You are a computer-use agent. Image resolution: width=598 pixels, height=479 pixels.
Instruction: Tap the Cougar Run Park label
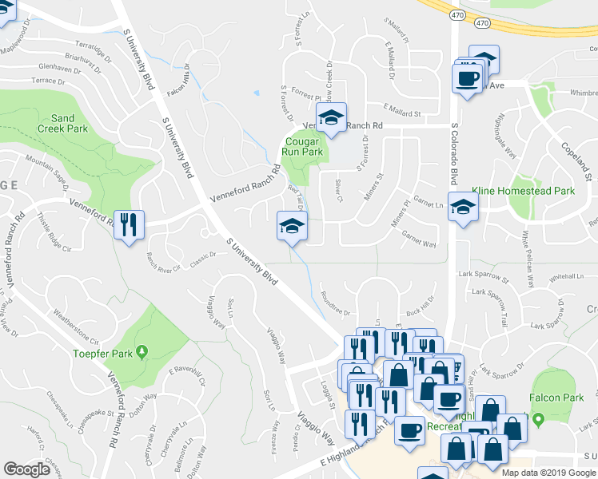click(301, 146)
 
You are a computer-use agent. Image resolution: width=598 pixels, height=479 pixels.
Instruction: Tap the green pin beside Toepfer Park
click(142, 350)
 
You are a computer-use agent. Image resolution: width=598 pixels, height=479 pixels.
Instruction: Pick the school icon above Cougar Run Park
click(331, 118)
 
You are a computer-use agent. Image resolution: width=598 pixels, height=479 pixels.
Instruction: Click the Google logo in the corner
click(26, 469)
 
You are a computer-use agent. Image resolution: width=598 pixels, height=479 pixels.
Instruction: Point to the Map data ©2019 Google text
click(548, 472)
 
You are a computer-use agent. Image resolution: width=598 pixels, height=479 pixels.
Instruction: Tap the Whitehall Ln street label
click(567, 275)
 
